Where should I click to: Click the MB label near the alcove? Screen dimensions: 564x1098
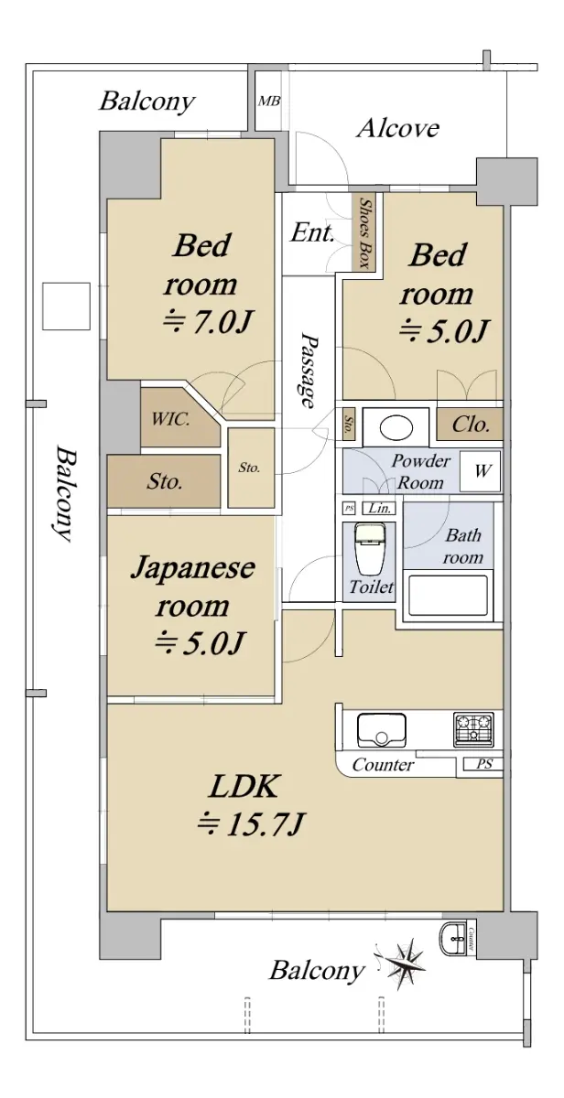(269, 101)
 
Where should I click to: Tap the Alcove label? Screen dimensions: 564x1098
(397, 128)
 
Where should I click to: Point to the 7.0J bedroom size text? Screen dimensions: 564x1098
(207, 322)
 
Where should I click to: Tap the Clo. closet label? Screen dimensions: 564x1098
(471, 424)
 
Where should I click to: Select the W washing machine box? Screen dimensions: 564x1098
(481, 471)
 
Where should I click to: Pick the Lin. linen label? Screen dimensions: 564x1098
(380, 509)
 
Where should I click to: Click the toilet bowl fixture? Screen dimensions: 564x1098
(370, 549)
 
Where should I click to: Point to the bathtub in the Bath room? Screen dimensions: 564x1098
(449, 595)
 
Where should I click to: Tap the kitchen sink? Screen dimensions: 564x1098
(382, 729)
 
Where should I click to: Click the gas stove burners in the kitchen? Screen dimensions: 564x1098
(473, 729)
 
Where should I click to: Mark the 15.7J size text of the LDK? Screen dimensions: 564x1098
(251, 824)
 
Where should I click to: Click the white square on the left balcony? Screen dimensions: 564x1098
(66, 306)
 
